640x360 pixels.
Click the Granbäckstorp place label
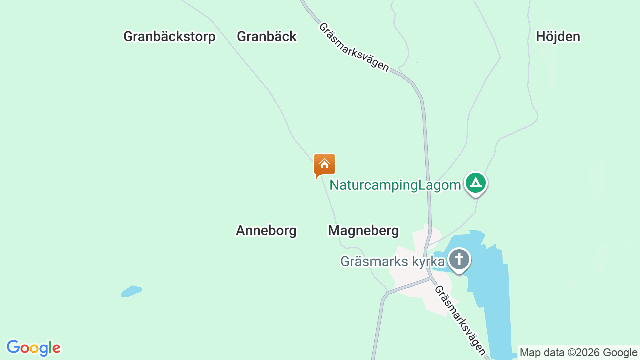(169, 36)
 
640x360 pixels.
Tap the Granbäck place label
(267, 36)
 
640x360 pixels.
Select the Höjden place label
(558, 36)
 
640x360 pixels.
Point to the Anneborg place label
(266, 230)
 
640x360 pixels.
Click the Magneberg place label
(363, 230)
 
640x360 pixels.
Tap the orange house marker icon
(324, 164)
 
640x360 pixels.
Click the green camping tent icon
(476, 183)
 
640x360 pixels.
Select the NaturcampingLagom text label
(395, 185)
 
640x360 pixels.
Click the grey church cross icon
(459, 260)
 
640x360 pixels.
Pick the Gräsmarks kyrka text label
(392, 261)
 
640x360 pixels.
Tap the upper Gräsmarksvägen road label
(353, 47)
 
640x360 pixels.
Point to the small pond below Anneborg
(131, 291)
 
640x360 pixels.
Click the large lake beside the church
(492, 295)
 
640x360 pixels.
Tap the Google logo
(33, 348)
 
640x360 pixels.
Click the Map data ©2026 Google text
(578, 352)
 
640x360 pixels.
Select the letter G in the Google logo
(13, 347)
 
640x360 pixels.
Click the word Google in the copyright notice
(620, 352)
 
